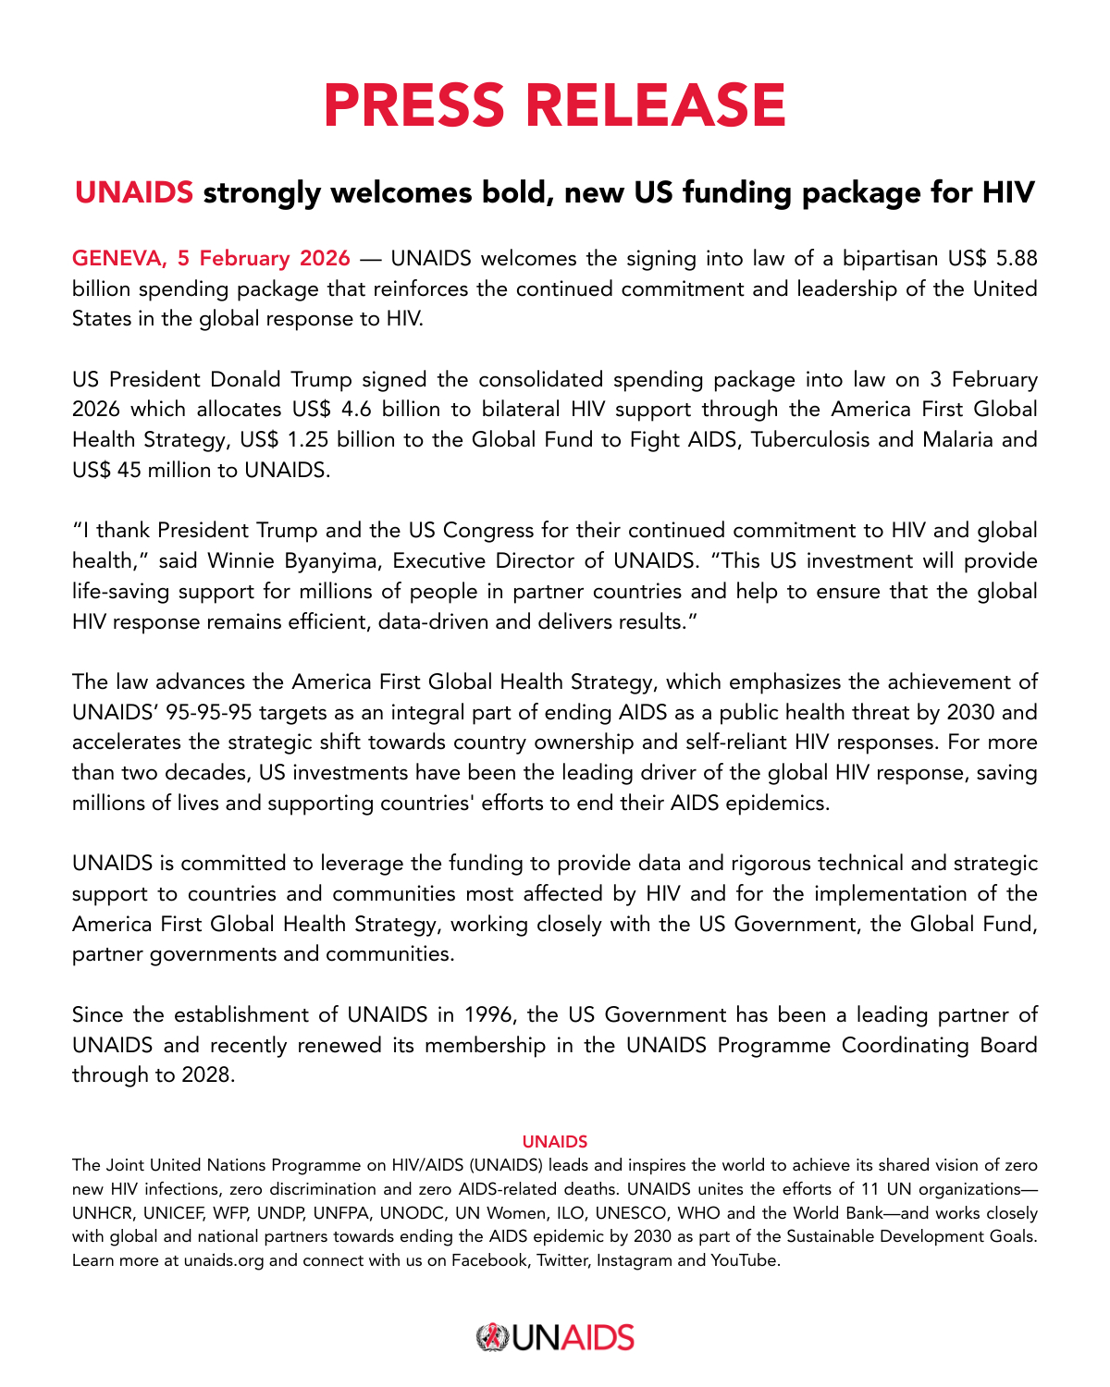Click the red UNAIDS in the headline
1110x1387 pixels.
tap(134, 192)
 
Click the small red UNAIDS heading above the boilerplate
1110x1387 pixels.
tap(555, 1142)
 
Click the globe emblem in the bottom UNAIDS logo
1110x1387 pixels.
tap(491, 1338)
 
